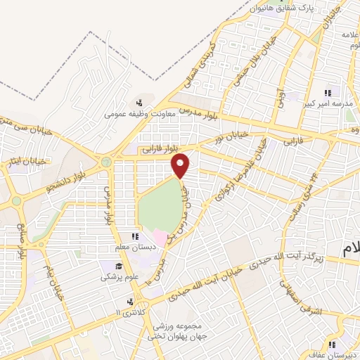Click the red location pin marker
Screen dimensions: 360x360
point(181,166)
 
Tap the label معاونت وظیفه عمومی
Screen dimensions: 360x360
point(139,112)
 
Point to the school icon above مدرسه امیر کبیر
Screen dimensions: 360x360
point(327,93)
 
